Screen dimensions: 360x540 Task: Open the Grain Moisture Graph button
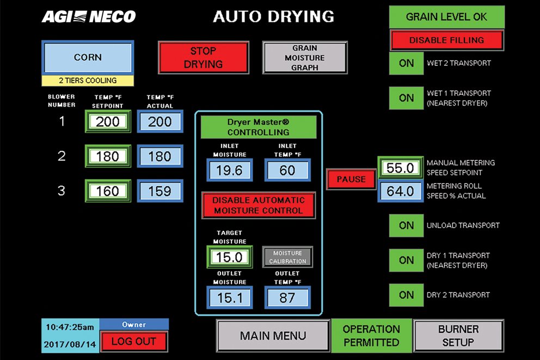[304, 58]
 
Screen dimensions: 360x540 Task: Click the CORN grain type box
[88, 57]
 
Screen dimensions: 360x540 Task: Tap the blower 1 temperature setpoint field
[107, 121]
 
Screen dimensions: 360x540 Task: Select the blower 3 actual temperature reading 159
[159, 191]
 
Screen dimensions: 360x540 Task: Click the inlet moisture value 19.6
[229, 170]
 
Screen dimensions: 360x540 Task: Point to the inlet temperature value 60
[287, 170]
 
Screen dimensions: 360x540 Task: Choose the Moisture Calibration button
[287, 257]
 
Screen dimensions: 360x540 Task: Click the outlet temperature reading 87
[287, 297]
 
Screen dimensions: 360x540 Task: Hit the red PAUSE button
[351, 179]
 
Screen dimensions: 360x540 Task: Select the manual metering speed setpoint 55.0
[401, 168]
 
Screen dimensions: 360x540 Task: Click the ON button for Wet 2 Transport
[406, 63]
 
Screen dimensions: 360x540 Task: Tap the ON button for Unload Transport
[406, 225]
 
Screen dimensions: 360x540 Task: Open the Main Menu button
[273, 335]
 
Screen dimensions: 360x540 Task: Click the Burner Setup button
[458, 335]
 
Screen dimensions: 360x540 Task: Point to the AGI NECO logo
[89, 16]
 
